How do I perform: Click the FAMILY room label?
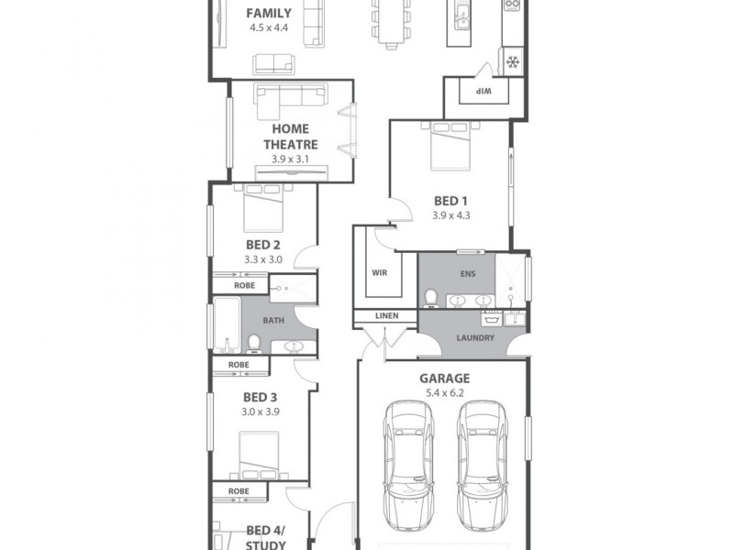tap(270, 14)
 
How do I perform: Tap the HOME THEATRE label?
tap(290, 137)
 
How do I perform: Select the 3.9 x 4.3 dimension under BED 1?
tap(451, 216)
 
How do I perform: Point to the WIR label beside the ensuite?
tap(380, 273)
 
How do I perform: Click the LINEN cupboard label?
tap(385, 316)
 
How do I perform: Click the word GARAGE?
tap(444, 378)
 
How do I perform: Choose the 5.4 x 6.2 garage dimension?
tap(444, 392)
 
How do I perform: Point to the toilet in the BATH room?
tap(254, 343)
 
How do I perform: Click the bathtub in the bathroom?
tap(226, 325)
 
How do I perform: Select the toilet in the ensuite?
tap(431, 297)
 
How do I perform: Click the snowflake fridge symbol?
tap(511, 62)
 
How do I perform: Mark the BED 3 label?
tap(261, 398)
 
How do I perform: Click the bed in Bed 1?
tap(450, 147)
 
